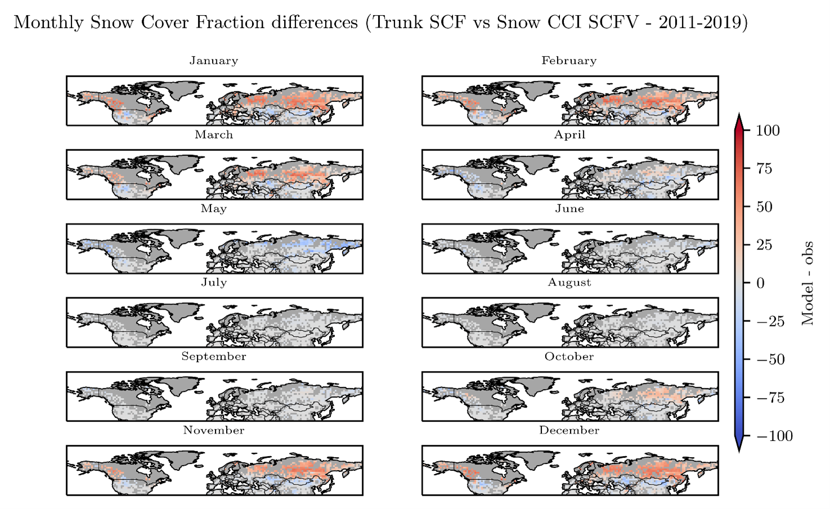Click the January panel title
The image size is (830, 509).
(213, 61)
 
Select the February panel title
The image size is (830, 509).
(569, 61)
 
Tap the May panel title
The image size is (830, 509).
(213, 209)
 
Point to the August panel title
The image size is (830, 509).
(569, 283)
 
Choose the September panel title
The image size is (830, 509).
(213, 356)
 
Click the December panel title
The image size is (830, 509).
(569, 430)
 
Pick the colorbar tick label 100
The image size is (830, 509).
(768, 131)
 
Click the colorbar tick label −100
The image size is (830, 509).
(774, 436)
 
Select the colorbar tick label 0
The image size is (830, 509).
(760, 283)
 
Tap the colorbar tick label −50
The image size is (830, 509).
(770, 360)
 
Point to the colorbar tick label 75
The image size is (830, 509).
(764, 169)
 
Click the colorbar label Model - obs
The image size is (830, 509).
(808, 283)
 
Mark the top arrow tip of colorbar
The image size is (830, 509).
(739, 114)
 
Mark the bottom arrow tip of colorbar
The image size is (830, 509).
(739, 451)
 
